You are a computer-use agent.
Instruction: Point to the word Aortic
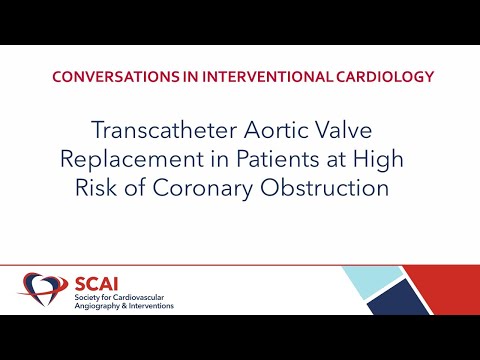coord(278,131)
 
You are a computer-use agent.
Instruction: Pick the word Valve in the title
coord(356,131)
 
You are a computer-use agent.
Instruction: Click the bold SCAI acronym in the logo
coord(89,282)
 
